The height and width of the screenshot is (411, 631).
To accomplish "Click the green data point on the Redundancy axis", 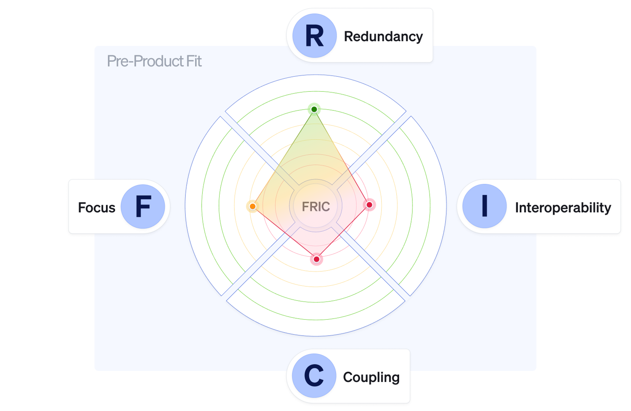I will (314, 109).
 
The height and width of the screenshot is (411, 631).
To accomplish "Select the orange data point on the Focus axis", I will (252, 206).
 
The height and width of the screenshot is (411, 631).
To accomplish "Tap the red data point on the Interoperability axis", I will (369, 205).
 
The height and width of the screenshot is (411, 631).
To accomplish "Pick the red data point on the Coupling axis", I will (316, 259).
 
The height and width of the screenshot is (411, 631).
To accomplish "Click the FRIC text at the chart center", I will (316, 207).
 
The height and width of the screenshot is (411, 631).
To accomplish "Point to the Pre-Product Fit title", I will (154, 61).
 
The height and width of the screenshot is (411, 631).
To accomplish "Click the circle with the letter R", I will (315, 36).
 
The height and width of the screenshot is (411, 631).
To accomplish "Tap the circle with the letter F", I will (143, 207).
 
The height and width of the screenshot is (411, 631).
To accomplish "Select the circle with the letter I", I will (485, 206).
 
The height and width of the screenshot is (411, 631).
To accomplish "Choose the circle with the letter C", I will (314, 376).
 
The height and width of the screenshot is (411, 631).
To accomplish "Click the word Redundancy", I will (383, 37).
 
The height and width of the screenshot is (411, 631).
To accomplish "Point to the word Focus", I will (97, 208).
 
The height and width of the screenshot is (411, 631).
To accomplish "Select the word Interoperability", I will (563, 208).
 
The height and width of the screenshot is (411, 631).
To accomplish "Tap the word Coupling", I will (371, 377).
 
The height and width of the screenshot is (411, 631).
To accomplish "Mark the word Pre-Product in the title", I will (145, 61).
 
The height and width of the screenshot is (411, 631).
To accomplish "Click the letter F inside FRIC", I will (305, 207).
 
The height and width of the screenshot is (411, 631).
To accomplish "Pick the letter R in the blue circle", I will (315, 36).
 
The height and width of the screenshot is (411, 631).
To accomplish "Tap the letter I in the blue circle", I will (485, 206).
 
